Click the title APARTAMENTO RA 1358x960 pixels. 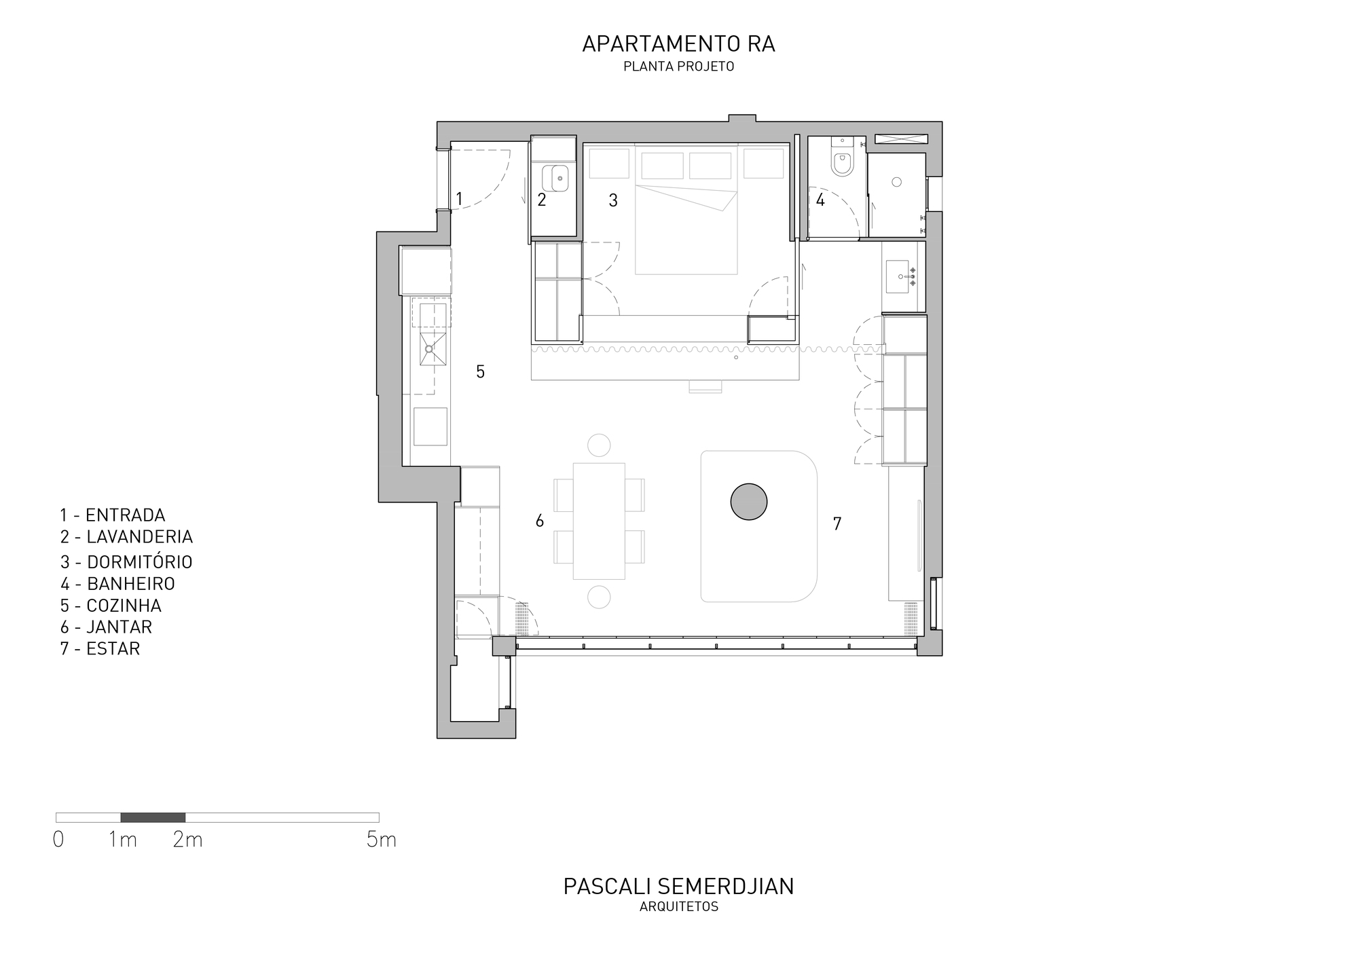click(678, 44)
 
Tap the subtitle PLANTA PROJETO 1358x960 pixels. click(679, 67)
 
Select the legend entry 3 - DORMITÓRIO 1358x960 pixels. click(126, 562)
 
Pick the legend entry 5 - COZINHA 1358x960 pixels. click(111, 605)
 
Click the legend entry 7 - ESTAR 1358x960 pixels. click(100, 648)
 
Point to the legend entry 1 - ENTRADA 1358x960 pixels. click(113, 515)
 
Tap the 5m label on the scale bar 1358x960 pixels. click(381, 840)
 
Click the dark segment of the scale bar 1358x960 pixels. click(153, 817)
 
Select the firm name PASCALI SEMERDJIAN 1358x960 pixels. click(679, 886)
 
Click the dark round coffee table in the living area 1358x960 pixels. click(749, 502)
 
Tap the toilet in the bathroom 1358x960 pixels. click(842, 162)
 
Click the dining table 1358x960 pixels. click(599, 521)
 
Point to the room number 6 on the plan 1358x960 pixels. click(540, 521)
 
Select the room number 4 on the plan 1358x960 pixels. click(820, 200)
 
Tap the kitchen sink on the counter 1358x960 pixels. click(429, 348)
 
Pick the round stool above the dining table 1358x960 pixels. click(599, 445)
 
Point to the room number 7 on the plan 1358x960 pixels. click(837, 523)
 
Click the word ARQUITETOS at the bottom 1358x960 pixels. click(679, 907)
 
